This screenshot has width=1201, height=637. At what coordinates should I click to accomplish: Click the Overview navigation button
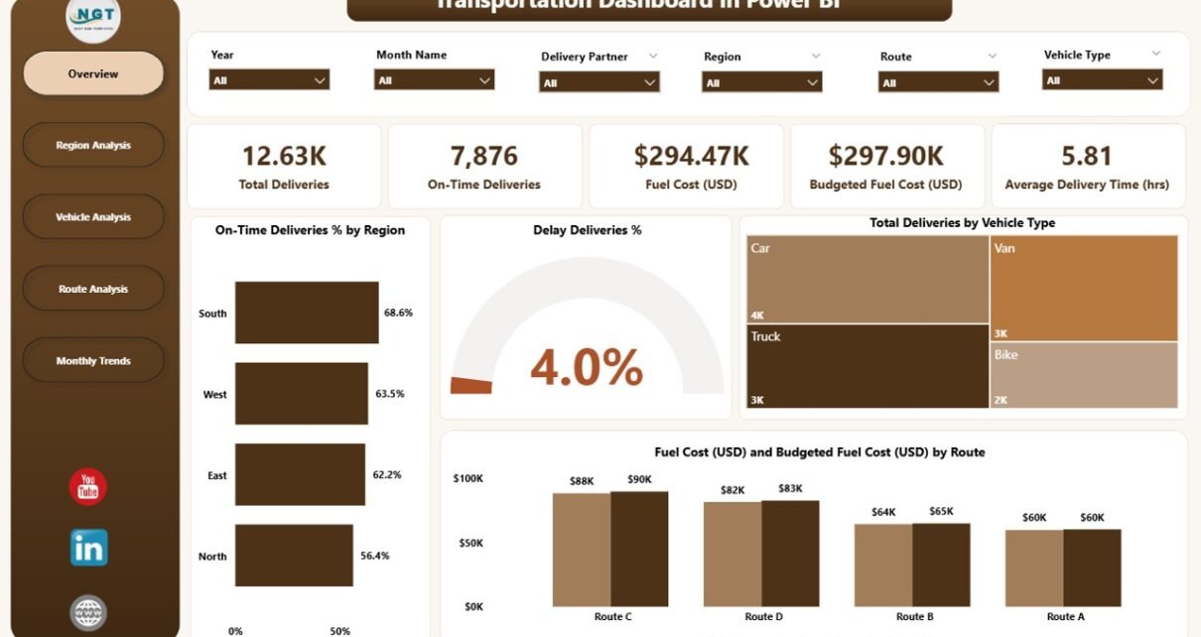click(93, 74)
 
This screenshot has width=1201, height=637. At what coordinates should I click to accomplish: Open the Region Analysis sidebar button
click(93, 146)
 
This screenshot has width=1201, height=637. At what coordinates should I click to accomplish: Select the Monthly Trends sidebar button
click(93, 361)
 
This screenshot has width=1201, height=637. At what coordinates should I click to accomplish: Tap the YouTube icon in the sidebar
click(87, 487)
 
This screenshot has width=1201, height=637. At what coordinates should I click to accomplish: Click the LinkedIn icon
click(88, 548)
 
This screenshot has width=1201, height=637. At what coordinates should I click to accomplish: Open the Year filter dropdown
click(269, 80)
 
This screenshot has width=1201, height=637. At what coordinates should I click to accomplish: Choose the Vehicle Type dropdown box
click(1103, 80)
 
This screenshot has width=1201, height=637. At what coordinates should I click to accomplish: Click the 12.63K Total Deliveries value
click(283, 156)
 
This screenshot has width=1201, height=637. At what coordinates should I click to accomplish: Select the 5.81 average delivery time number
click(1086, 156)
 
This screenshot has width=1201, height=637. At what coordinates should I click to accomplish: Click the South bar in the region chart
click(306, 313)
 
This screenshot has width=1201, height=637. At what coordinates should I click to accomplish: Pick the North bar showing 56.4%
click(294, 556)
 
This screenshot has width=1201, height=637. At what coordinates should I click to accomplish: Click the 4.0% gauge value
click(586, 367)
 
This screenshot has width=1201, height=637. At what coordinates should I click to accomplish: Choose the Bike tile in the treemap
click(1083, 374)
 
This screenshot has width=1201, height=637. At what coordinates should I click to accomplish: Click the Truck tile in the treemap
click(867, 365)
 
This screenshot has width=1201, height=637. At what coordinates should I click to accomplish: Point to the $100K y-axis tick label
click(468, 479)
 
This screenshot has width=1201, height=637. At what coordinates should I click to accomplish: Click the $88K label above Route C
click(581, 481)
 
